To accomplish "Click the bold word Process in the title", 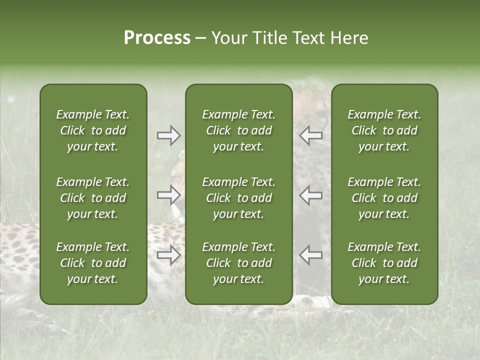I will click(157, 38).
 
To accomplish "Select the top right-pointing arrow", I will click(169, 135).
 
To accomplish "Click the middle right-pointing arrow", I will click(169, 195).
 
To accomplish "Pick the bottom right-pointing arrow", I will click(169, 255).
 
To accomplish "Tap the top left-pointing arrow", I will click(311, 135).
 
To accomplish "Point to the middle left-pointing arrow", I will click(311, 195).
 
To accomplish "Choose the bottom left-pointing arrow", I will click(311, 255).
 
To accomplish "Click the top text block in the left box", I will click(93, 130).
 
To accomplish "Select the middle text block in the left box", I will click(93, 198).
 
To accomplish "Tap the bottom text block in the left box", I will click(93, 263).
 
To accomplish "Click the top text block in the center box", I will click(238, 130).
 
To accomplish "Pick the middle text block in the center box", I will click(238, 198).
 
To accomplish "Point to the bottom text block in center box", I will click(238, 263).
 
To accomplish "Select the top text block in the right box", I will click(384, 130).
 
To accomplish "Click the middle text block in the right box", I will click(384, 198).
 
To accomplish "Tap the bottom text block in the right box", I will click(384, 263).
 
